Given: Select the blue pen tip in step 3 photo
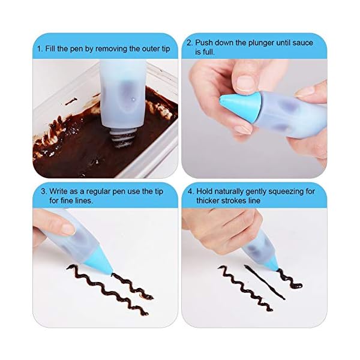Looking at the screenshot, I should [100, 265].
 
